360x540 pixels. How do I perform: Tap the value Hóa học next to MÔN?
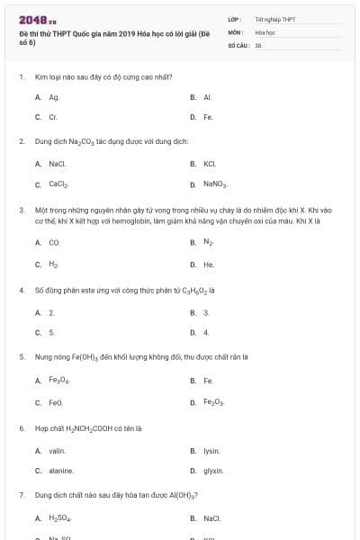[x=265, y=31]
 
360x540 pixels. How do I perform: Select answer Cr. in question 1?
[x=53, y=117]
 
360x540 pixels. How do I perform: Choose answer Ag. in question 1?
[x=54, y=96]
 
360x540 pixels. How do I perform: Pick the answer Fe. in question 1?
[x=208, y=117]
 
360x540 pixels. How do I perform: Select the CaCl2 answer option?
[x=58, y=184]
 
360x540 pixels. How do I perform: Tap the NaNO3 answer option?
[x=215, y=184]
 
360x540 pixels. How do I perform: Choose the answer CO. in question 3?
[x=55, y=242]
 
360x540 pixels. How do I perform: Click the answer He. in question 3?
[x=209, y=265]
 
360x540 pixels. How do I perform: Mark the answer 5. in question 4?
[x=52, y=332]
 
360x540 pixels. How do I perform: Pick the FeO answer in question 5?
[x=56, y=401]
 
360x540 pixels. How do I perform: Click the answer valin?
[x=57, y=450]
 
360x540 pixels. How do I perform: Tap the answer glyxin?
[x=213, y=471]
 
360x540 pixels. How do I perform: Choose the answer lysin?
[x=211, y=450]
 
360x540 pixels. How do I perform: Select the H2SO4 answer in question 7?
[x=59, y=518]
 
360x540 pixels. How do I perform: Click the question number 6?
[x=22, y=428]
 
